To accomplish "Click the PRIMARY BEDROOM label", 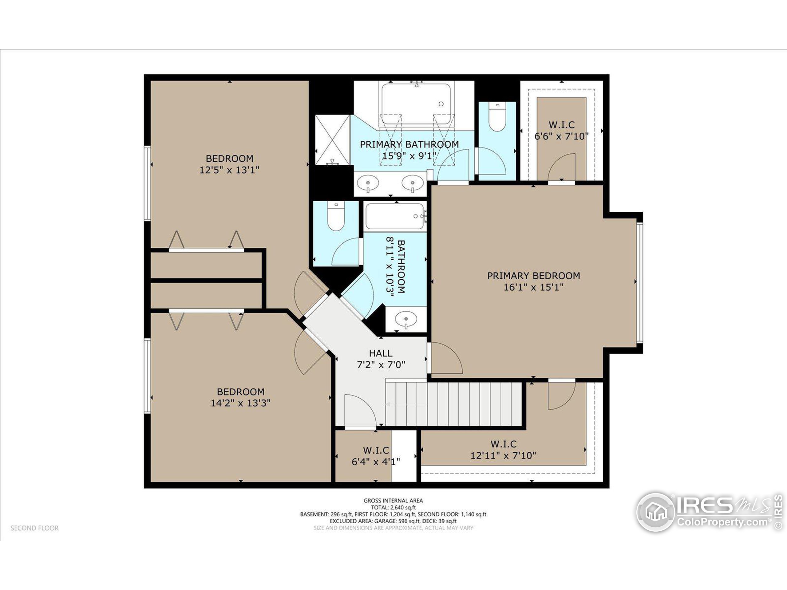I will tap(533, 276).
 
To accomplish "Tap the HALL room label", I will tap(380, 353).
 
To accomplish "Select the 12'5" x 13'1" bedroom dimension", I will tap(229, 170).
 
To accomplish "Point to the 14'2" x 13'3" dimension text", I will tap(240, 403).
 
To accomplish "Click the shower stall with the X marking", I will tap(333, 140).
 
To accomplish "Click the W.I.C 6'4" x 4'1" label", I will tap(376, 456).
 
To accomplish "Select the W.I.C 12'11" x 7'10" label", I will tap(503, 450).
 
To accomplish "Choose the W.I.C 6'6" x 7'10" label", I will tap(561, 131).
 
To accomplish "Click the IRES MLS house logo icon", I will tap(656, 513).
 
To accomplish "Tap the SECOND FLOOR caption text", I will tap(34, 528).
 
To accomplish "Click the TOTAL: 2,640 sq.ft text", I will tap(393, 508).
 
